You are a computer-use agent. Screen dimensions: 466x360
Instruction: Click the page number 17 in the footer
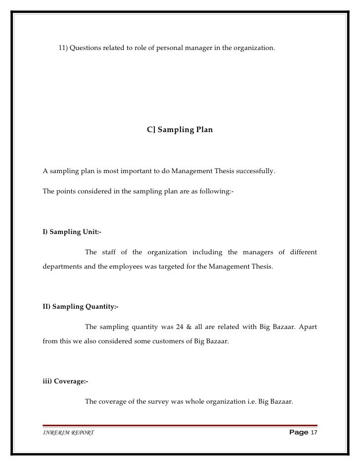pos(314,433)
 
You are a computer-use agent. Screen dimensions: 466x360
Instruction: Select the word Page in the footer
pos(298,433)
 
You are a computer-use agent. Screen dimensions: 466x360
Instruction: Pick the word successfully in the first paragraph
pos(254,172)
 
